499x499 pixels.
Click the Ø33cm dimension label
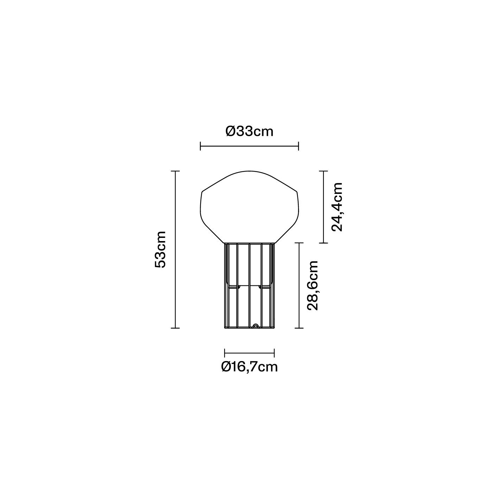(x=249, y=132)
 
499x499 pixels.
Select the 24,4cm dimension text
(x=337, y=207)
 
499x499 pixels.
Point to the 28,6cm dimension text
(x=312, y=285)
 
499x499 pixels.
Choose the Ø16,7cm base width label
(x=249, y=367)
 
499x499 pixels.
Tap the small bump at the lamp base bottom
(x=255, y=326)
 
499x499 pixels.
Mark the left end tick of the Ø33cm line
(x=200, y=146)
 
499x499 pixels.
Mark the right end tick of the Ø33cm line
(x=298, y=146)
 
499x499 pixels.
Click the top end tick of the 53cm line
(x=175, y=171)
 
